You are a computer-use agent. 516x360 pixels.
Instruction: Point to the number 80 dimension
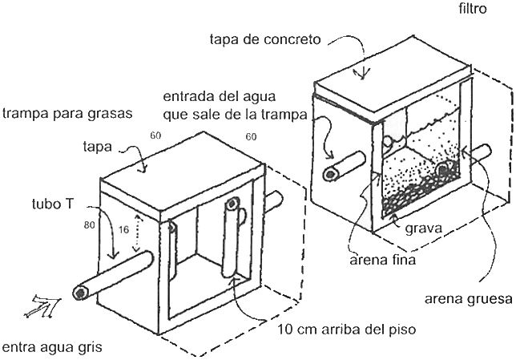pyautogui.click(x=89, y=226)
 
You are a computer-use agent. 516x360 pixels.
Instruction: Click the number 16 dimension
pyautogui.click(x=123, y=229)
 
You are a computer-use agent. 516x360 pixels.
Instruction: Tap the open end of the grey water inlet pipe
pyautogui.click(x=81, y=293)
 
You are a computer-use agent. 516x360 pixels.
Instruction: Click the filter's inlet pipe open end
pyautogui.click(x=329, y=174)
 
